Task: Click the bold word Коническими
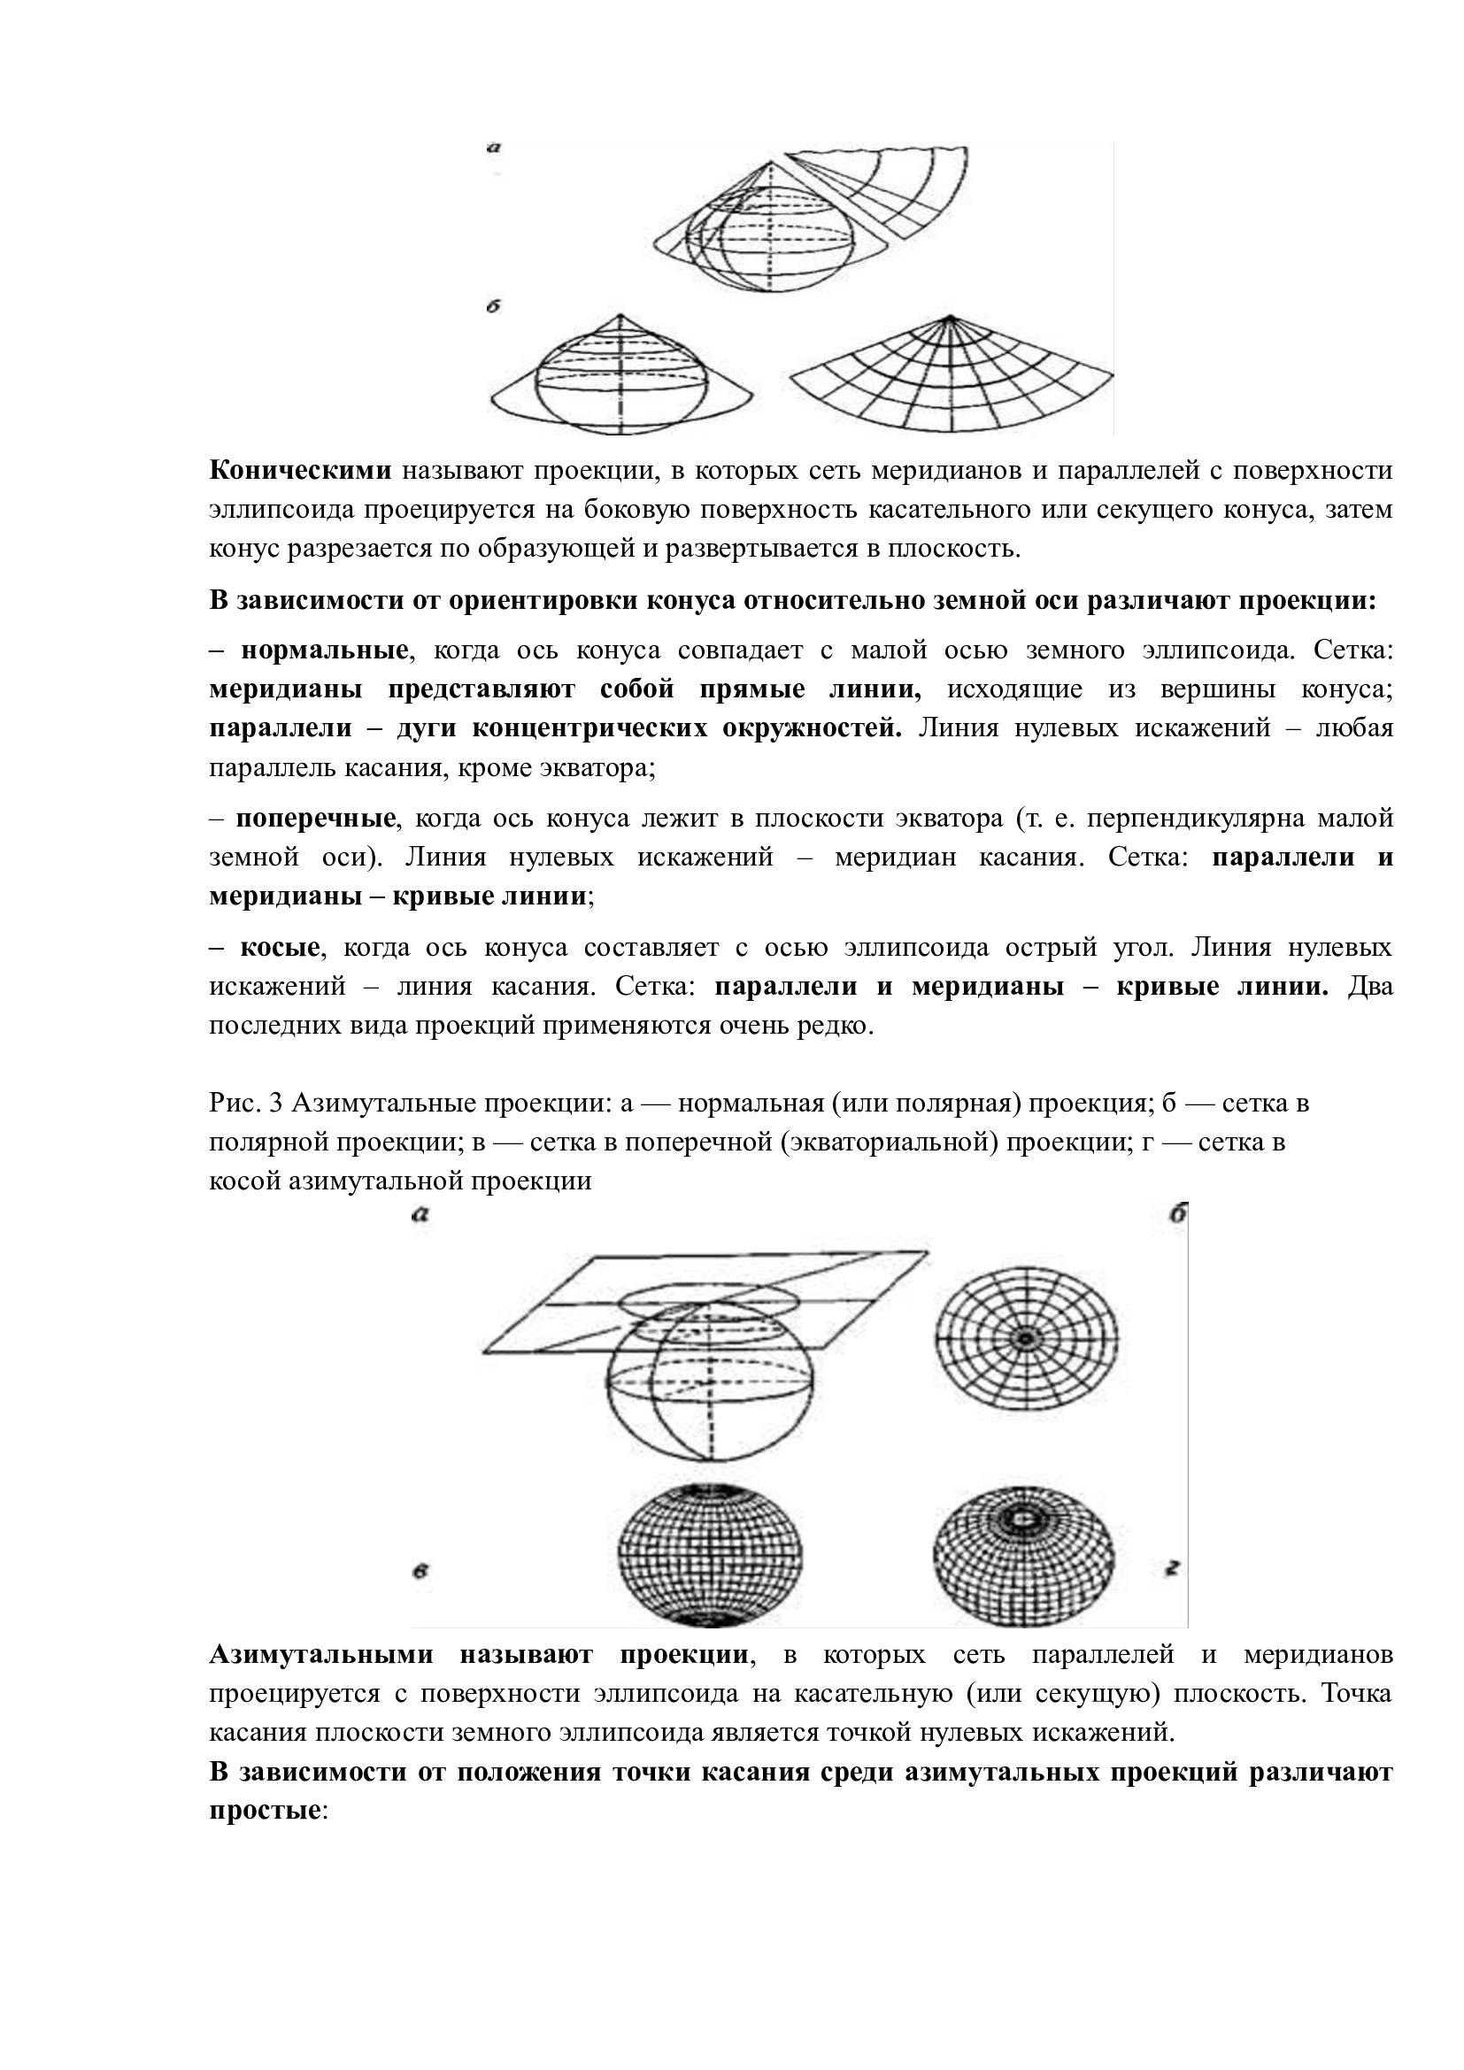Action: point(300,471)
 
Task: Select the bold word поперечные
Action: point(315,819)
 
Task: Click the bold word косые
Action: point(280,948)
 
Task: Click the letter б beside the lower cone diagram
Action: point(493,307)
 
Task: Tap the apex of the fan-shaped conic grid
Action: point(949,318)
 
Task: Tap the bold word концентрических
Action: point(591,728)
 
